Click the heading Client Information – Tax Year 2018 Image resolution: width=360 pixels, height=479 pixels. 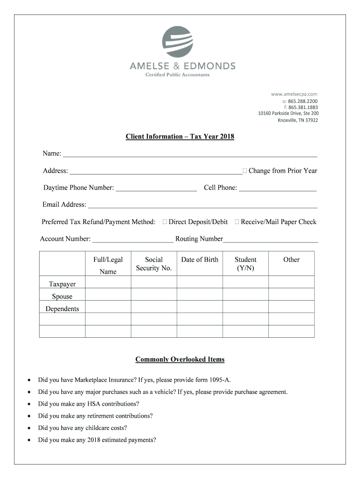[x=180, y=137]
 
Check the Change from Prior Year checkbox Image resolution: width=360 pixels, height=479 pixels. [x=245, y=171]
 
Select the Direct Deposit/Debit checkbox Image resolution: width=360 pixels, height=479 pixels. [x=165, y=222]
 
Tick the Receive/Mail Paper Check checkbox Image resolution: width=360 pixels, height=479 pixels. [x=237, y=222]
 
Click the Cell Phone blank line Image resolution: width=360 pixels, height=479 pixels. [x=277, y=189]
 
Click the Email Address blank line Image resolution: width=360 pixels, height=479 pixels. [x=202, y=206]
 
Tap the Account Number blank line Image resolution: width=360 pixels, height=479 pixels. [x=132, y=241]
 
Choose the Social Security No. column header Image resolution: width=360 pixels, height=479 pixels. [x=154, y=264]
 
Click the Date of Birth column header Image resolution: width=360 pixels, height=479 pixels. [x=200, y=260]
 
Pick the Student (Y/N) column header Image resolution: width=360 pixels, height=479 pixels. [x=245, y=264]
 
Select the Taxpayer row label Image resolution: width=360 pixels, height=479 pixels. [x=62, y=284]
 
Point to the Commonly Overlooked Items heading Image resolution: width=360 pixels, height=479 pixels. [x=180, y=360]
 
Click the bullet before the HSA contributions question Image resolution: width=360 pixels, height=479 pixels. [x=29, y=404]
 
